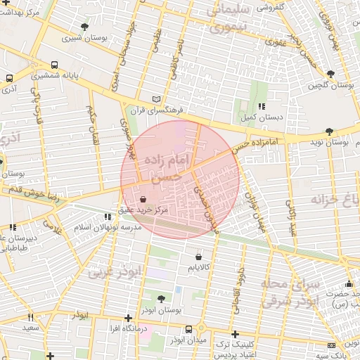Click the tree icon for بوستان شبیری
[84, 27]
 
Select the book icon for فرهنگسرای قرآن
[157, 100]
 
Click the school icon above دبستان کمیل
[262, 106]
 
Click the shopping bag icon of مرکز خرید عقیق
[143, 199]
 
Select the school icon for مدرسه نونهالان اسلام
[108, 217]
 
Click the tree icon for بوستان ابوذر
[161, 298]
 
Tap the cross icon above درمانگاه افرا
[127, 318]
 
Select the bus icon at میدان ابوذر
[188, 329]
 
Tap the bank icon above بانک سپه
[332, 345]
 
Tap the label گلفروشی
[269, 8]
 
